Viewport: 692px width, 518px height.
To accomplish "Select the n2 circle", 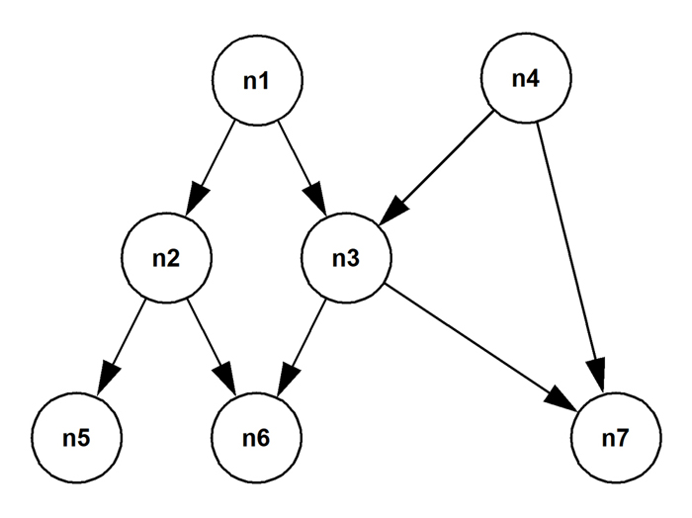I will pos(165,260).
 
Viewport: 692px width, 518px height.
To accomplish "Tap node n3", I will pos(346,260).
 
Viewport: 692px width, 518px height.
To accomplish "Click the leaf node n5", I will pos(75,436).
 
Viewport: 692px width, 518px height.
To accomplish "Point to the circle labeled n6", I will pos(256,436).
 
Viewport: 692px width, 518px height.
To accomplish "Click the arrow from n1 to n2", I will pos(214,166).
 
